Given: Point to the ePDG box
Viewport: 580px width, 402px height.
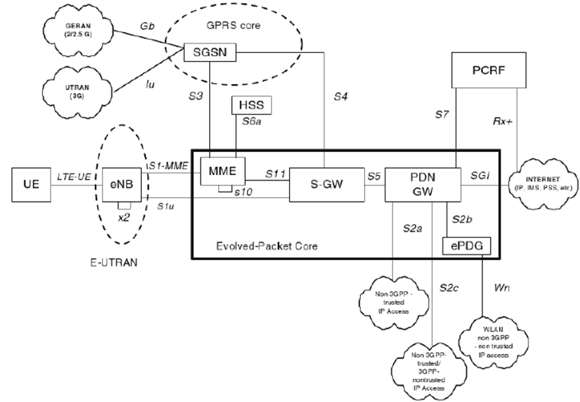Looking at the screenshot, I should click(466, 245).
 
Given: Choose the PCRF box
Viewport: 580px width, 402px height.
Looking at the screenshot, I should click(489, 73).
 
